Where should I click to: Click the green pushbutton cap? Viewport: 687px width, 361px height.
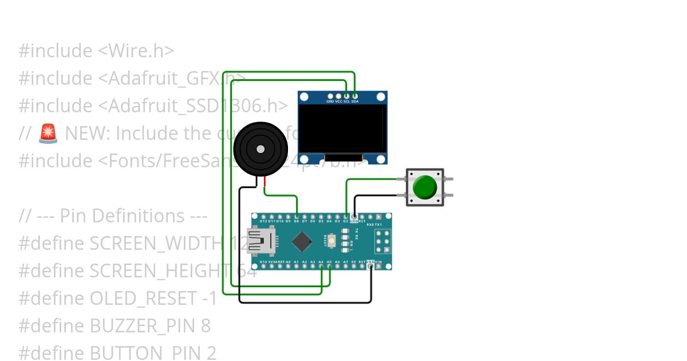(x=425, y=187)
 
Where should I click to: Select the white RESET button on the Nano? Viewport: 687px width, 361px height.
(x=332, y=241)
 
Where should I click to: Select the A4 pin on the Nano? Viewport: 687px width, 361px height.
(x=321, y=265)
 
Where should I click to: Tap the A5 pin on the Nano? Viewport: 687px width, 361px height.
(x=329, y=265)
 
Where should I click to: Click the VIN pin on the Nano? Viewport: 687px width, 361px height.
(x=378, y=265)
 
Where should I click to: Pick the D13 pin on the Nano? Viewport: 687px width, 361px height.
(x=263, y=265)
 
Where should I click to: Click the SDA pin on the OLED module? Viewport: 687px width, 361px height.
(x=355, y=96)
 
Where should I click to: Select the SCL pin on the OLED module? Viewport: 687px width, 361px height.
(x=347, y=96)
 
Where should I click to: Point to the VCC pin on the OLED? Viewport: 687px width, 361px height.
(x=338, y=96)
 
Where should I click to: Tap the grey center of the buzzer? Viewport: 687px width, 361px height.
(x=260, y=149)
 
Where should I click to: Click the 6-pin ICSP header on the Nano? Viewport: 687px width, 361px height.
(x=383, y=242)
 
